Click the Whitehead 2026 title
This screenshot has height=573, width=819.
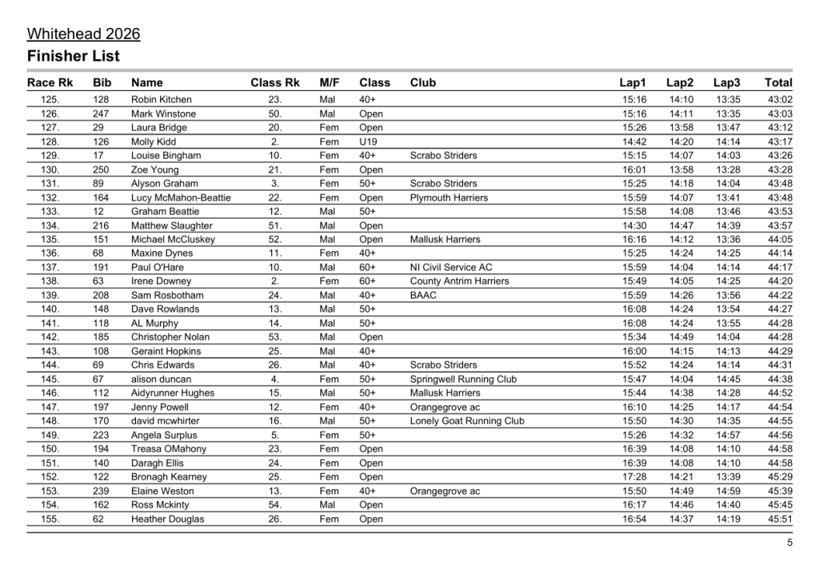(x=83, y=34)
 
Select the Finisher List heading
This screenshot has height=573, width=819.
(x=73, y=56)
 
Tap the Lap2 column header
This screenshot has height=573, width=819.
(x=680, y=82)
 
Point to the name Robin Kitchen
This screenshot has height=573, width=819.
(x=162, y=100)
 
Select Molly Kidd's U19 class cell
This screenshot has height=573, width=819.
(x=368, y=141)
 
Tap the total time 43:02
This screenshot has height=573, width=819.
(x=780, y=100)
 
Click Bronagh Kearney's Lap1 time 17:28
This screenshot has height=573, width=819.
(x=634, y=476)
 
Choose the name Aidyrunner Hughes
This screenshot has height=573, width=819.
(x=173, y=393)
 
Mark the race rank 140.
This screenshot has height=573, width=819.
(x=50, y=309)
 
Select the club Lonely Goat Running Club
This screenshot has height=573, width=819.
(x=467, y=421)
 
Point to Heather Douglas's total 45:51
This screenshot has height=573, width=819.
(x=780, y=519)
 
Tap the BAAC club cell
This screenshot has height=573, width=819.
(x=424, y=295)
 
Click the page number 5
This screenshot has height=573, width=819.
(x=789, y=543)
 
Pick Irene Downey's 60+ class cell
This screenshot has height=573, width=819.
(x=368, y=281)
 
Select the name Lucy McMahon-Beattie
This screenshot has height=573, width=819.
(x=181, y=197)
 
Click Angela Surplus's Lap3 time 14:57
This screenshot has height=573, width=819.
(x=728, y=435)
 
